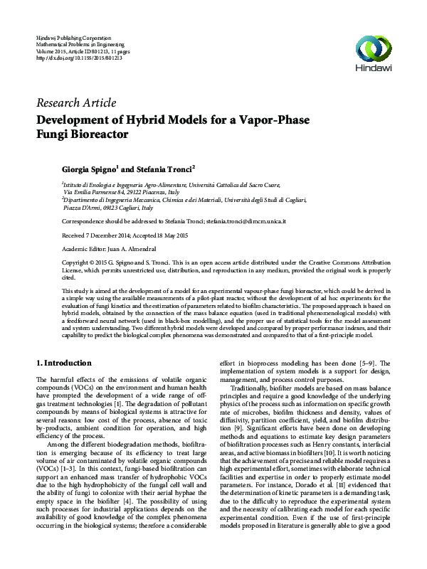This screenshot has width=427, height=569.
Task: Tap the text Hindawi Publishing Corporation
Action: tap(73, 36)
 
